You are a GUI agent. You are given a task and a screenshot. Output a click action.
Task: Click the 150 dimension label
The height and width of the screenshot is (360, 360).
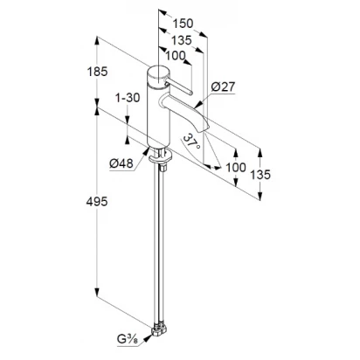183,24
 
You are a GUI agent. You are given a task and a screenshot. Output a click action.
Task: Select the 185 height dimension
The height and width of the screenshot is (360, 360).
98,72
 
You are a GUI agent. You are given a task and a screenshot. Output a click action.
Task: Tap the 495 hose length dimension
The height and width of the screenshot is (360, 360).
97,201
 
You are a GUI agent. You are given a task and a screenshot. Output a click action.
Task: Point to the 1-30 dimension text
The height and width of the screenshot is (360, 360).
128,98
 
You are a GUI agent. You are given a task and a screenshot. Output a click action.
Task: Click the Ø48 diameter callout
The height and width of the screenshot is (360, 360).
121,163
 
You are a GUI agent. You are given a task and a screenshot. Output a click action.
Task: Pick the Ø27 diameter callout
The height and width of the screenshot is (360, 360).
223,87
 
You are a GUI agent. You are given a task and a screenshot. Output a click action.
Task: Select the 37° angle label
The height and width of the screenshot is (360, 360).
192,142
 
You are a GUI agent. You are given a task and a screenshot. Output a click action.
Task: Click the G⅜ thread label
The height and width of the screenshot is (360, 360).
128,340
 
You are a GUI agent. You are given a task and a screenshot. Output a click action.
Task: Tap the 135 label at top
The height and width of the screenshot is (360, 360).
181,40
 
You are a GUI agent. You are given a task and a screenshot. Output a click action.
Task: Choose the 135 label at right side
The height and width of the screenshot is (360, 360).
260,175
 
